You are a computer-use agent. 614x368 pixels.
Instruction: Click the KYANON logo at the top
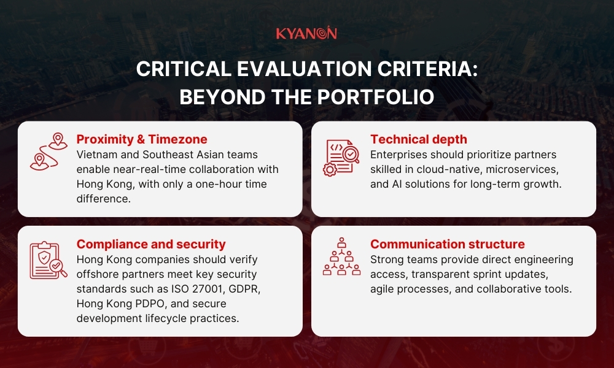[x=306, y=33]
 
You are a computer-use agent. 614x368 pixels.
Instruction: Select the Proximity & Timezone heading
[x=142, y=139]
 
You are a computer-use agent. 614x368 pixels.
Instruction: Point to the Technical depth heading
[x=419, y=139]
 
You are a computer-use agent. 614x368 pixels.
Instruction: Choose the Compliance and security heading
[x=151, y=244]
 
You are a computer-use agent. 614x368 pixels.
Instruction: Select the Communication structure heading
[x=448, y=244]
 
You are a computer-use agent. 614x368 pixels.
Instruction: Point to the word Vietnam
[x=96, y=155]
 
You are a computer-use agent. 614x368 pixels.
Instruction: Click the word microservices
[x=526, y=169]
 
